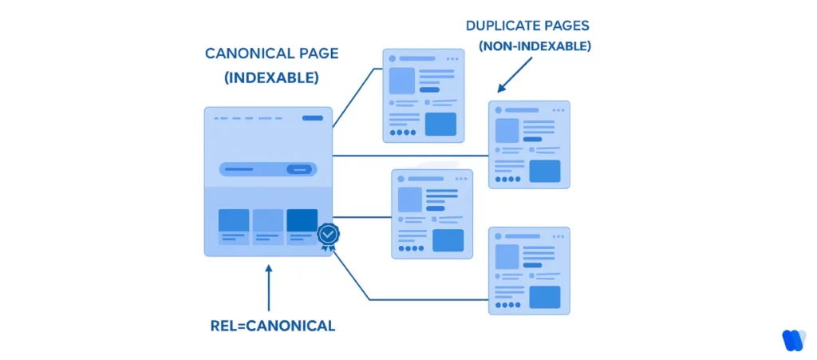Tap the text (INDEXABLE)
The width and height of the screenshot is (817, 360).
(x=271, y=78)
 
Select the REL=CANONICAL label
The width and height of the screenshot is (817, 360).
(x=271, y=326)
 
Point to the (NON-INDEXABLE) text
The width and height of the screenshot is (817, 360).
(x=535, y=46)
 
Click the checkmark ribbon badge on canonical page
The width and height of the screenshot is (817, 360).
(x=328, y=235)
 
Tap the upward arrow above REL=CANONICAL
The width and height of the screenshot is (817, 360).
(x=269, y=287)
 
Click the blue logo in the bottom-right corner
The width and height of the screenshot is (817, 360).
(x=793, y=339)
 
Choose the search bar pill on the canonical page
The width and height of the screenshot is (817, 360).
(x=267, y=169)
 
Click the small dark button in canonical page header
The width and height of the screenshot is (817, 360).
(x=313, y=118)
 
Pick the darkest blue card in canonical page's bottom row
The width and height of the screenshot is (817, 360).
(x=302, y=220)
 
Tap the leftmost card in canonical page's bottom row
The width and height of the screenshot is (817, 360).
(x=234, y=220)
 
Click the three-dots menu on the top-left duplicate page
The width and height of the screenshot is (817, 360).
(x=452, y=58)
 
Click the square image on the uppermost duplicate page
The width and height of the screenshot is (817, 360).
(x=401, y=81)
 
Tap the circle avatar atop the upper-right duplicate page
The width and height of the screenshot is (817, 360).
(x=499, y=109)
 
